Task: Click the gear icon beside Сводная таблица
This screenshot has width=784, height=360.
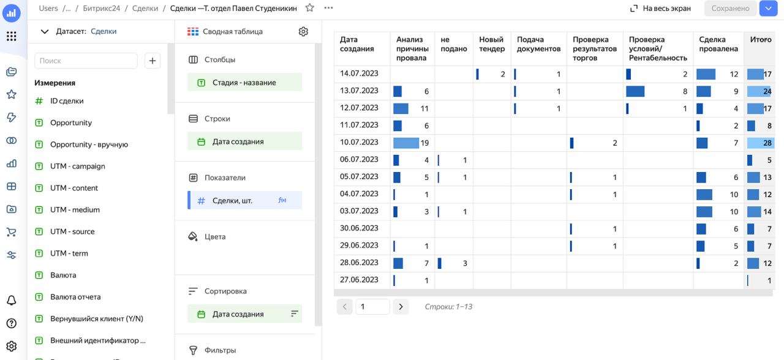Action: click(303, 31)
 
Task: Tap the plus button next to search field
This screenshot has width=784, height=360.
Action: click(153, 61)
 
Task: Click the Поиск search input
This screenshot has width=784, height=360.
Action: click(86, 61)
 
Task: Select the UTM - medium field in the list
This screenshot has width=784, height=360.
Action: click(75, 210)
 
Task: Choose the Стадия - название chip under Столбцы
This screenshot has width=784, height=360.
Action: click(244, 83)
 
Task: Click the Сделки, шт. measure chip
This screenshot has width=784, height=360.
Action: click(244, 200)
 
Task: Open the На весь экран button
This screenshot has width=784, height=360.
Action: click(660, 9)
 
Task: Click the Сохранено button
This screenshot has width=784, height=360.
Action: click(730, 9)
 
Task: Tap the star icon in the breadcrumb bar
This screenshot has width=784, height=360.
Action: click(309, 8)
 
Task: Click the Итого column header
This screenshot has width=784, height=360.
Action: click(761, 40)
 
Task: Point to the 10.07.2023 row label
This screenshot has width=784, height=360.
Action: click(359, 143)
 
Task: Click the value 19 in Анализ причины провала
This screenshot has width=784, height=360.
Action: click(424, 143)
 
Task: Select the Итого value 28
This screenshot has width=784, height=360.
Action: click(767, 143)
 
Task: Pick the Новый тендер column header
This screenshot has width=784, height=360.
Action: click(492, 44)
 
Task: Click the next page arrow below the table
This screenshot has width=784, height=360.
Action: click(401, 307)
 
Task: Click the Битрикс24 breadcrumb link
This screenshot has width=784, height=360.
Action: click(102, 9)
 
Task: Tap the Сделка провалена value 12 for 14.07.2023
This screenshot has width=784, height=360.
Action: click(734, 74)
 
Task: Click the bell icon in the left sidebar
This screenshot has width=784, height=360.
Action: click(12, 300)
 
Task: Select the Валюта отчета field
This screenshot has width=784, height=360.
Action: click(75, 297)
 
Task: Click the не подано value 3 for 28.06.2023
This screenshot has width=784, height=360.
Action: click(465, 263)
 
